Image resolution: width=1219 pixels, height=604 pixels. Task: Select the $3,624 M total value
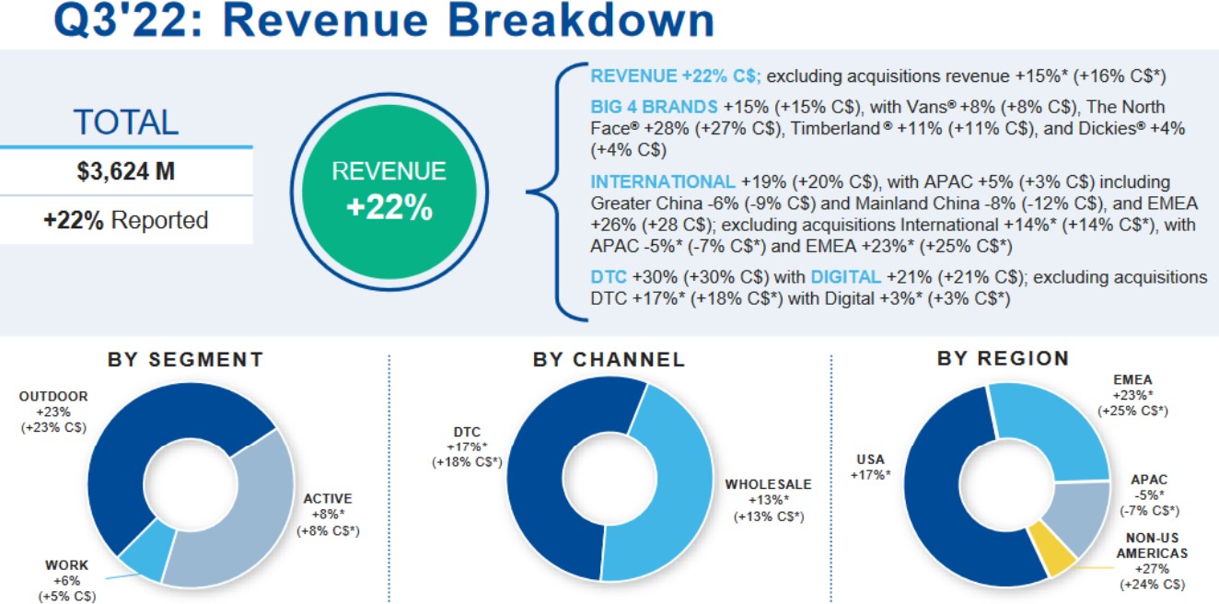pos(126,171)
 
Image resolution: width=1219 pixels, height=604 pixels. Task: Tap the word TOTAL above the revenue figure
pos(126,122)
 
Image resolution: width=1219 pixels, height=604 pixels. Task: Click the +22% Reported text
pos(126,221)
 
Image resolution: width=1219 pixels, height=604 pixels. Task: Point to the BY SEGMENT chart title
pos(185,359)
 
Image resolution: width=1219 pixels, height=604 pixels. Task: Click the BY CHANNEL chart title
pos(609,359)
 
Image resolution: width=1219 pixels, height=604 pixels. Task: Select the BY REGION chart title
pos(1003,357)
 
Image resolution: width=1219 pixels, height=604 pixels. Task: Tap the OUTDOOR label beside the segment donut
pos(53,397)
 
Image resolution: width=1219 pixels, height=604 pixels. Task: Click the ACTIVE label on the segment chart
pos(328,499)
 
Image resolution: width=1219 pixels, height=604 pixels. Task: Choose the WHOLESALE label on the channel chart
pos(769,484)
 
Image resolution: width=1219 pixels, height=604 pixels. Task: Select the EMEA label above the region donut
pos(1132,379)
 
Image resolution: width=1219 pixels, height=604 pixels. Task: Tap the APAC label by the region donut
pos(1149,480)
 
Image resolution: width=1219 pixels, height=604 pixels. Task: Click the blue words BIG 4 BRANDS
pos(654,106)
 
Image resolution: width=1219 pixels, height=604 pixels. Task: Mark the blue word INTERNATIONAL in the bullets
pos(663,181)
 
